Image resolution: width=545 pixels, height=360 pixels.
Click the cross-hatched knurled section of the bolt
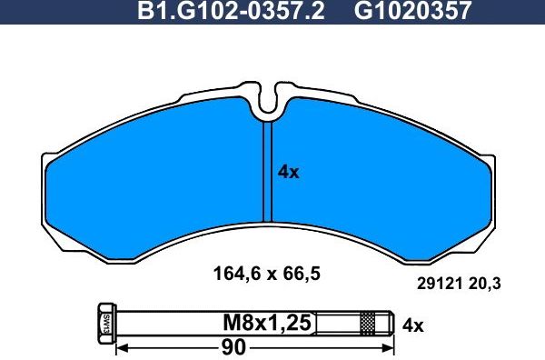[x=368, y=323]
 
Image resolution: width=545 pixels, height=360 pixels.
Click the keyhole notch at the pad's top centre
[x=269, y=103]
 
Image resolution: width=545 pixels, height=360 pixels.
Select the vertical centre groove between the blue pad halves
[x=268, y=173]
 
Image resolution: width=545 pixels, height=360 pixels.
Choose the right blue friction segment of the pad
[x=381, y=186]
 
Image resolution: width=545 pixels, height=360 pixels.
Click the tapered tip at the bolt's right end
[x=388, y=323]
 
